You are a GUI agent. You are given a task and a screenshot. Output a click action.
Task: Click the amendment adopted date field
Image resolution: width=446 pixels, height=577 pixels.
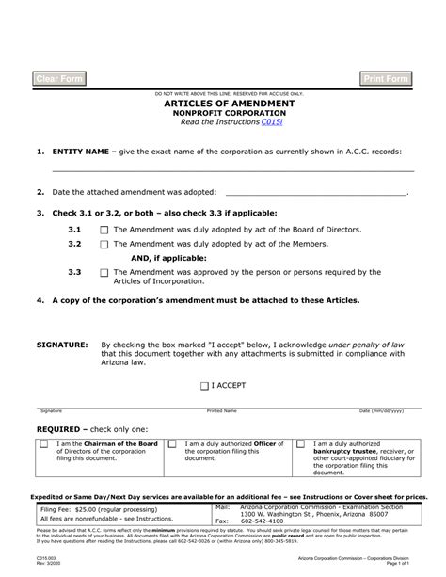316,191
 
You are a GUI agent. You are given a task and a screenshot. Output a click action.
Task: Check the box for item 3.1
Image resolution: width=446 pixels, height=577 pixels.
104,229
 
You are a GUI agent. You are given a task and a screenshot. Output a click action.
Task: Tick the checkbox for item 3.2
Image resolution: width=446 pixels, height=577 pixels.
104,243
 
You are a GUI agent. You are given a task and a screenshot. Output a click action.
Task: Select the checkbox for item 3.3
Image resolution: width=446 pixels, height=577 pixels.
104,273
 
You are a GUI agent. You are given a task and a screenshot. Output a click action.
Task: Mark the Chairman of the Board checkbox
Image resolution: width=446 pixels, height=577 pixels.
44,444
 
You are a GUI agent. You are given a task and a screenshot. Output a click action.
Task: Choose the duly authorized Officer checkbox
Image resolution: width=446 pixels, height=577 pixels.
174,444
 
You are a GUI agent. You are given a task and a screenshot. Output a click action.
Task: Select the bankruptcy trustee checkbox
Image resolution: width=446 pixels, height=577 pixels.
301,444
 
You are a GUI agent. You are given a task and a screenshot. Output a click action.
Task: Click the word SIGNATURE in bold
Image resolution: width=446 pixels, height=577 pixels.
62,345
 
